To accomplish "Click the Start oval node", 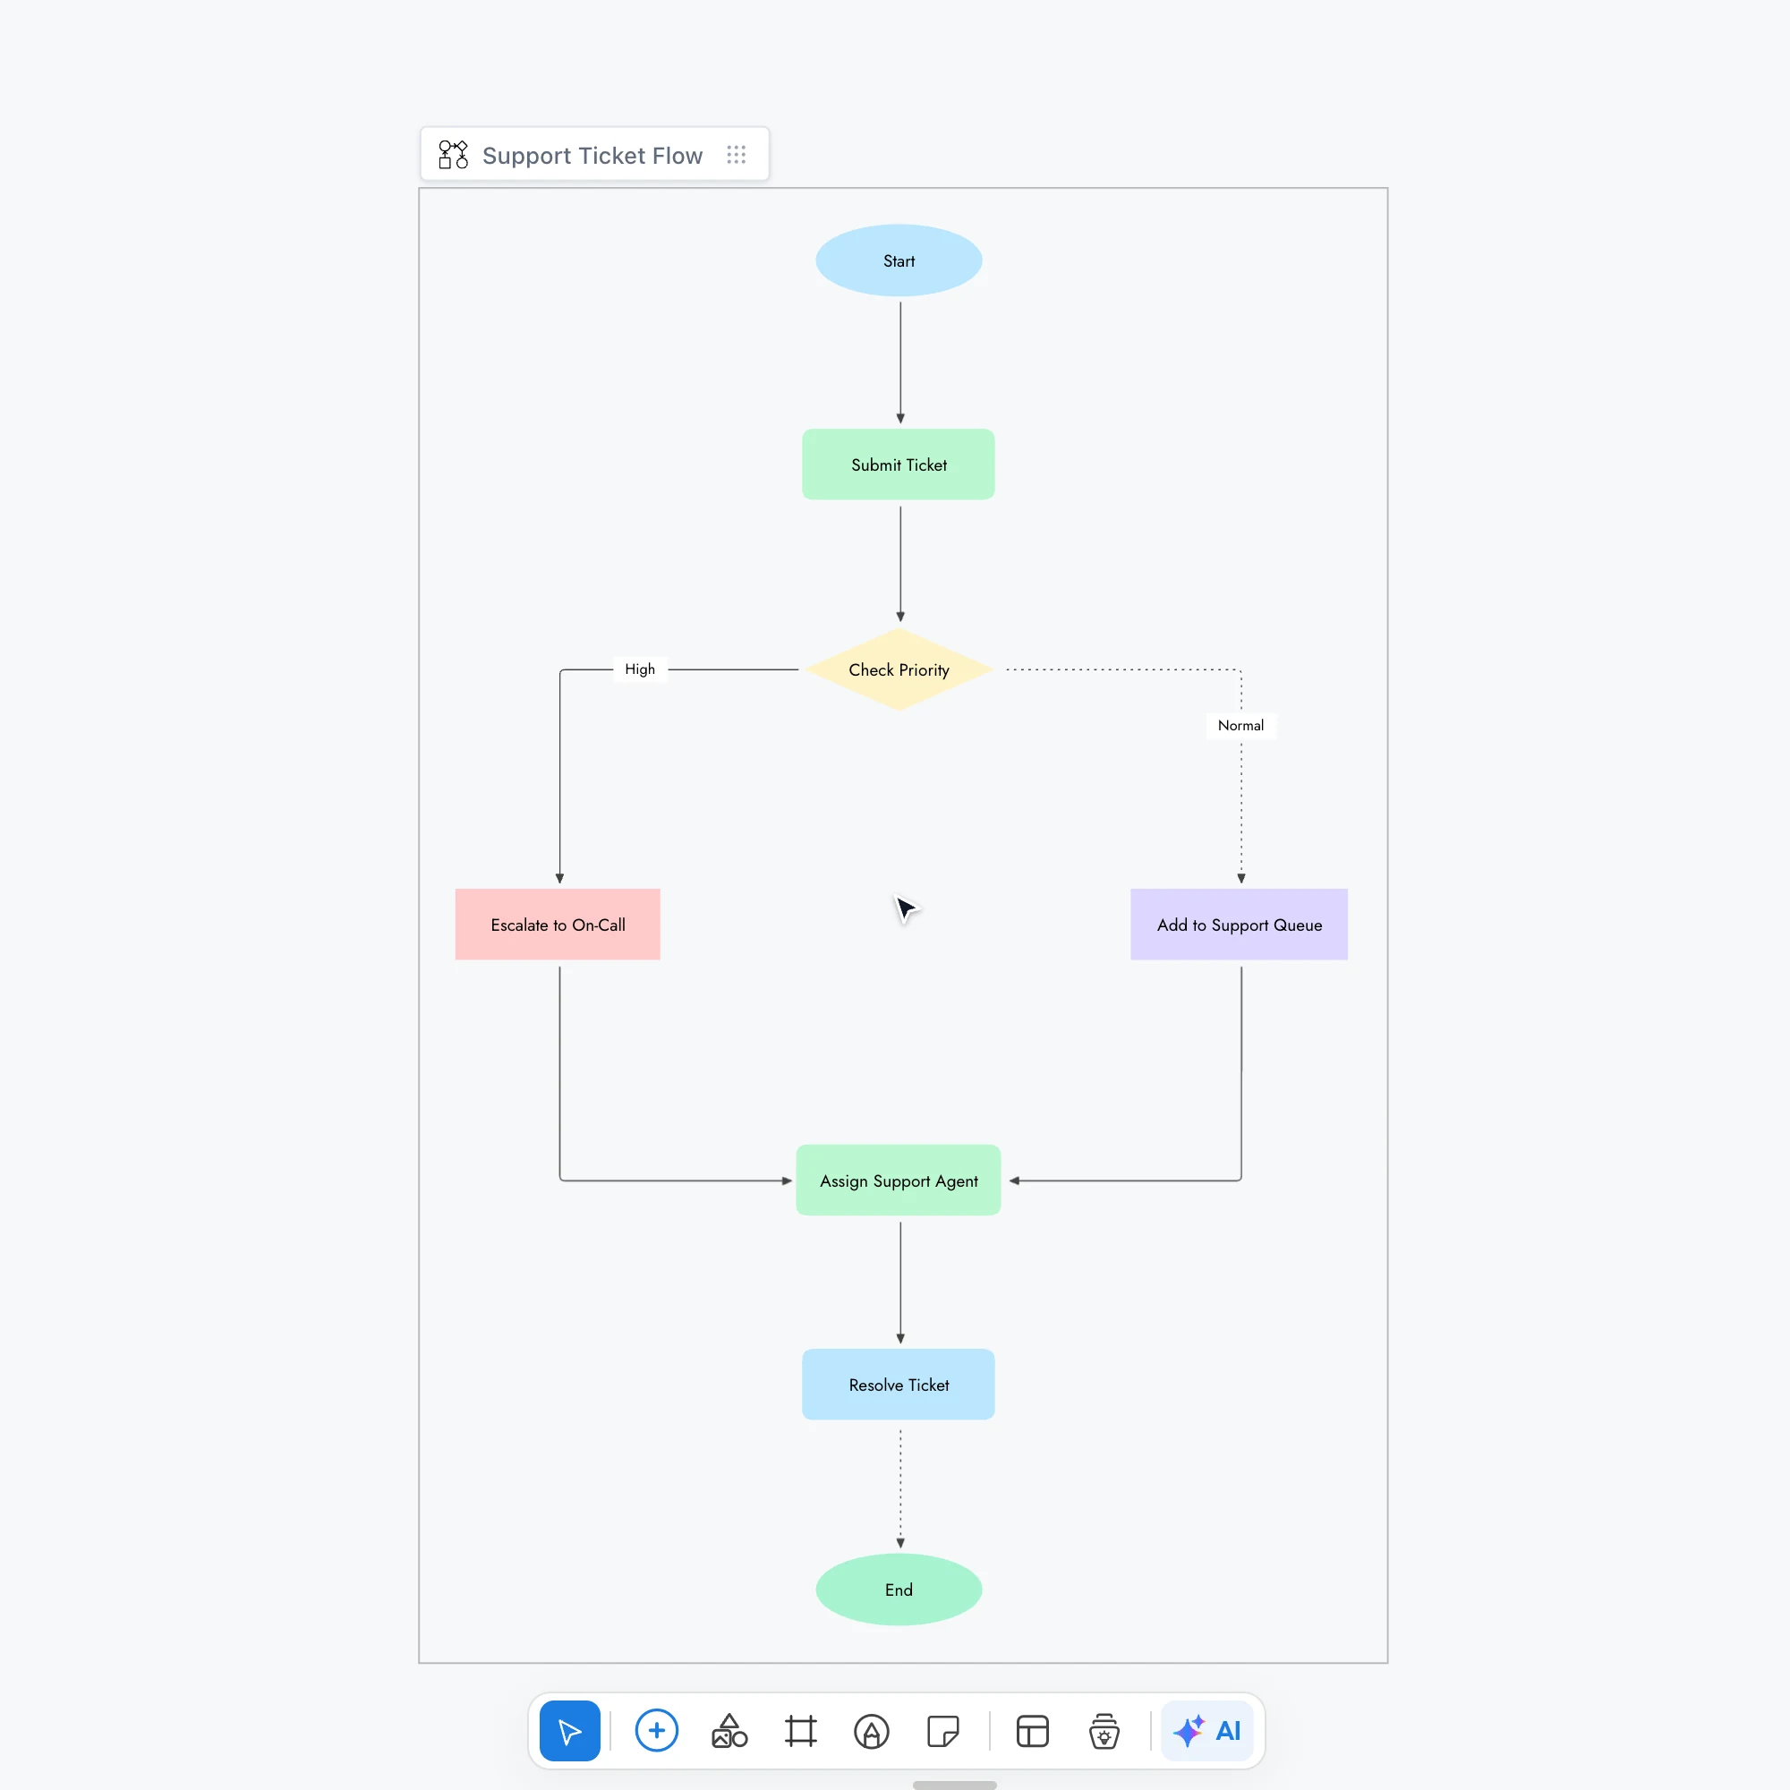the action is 899,260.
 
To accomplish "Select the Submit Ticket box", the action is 899,465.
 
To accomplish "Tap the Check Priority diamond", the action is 899,669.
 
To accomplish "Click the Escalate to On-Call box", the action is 558,925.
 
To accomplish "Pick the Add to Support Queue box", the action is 1239,925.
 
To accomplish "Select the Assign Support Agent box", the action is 899,1181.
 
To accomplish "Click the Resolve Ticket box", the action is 899,1385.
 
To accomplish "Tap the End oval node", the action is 899,1590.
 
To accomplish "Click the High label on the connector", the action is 640,669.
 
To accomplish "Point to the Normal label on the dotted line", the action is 1240,726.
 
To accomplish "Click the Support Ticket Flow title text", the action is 592,156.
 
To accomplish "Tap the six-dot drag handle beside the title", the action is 737,155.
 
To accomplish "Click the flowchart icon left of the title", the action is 453,155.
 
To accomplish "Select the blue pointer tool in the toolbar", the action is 570,1731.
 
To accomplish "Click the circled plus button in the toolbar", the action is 657,1731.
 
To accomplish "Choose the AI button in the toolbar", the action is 1207,1731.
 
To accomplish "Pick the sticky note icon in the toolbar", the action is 943,1731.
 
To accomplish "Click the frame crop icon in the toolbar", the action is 800,1731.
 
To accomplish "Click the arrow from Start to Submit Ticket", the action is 900,362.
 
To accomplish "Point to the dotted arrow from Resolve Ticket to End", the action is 900,1489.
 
